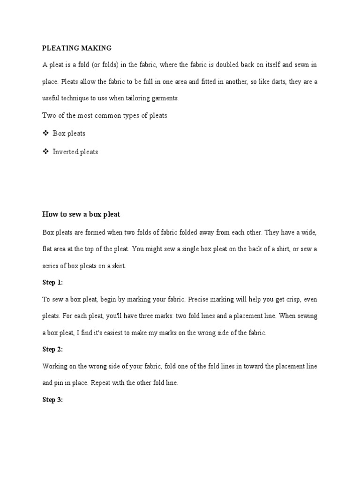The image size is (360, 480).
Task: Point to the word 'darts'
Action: pos(277,82)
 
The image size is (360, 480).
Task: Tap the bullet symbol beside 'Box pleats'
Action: pos(45,133)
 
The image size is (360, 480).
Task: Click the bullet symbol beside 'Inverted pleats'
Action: pos(45,151)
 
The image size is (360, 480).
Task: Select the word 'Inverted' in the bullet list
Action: pos(66,152)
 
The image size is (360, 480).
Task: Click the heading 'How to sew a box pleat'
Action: pos(81,214)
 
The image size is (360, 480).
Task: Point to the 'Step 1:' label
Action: pos(52,283)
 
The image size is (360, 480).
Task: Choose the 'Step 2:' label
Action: pos(52,349)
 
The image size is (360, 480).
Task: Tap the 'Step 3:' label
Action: pos(52,400)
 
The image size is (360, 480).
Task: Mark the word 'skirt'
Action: pos(117,266)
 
